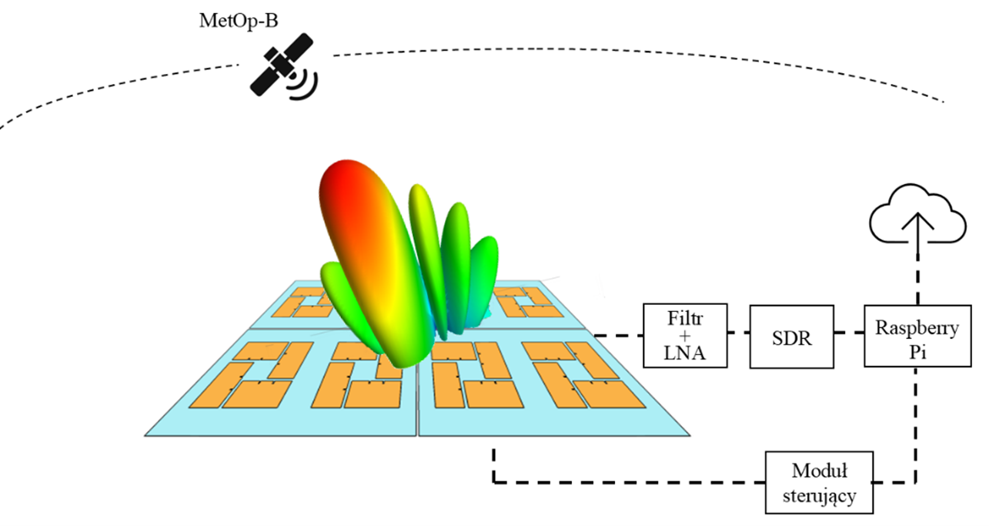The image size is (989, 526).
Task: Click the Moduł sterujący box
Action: click(x=819, y=482)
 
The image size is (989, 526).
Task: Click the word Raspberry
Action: click(x=917, y=329)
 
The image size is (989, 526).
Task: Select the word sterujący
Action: click(x=819, y=496)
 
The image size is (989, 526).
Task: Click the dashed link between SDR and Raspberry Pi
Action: click(x=848, y=334)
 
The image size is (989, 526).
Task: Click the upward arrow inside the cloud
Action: click(x=917, y=228)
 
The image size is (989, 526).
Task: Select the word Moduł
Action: click(x=819, y=470)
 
